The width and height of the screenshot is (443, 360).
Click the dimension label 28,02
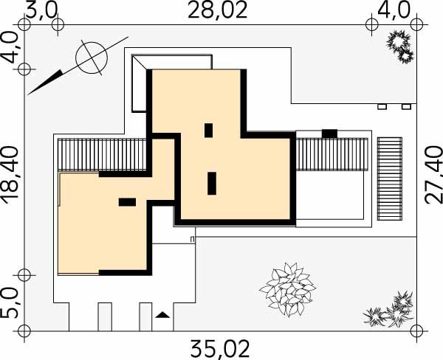point(218,10)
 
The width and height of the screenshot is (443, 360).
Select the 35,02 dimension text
point(220,349)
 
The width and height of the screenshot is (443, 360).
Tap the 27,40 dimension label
point(433,175)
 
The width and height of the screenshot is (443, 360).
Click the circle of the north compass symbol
point(92,58)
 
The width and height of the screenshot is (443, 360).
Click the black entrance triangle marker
point(162,315)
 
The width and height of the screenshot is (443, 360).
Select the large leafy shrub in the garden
point(288,289)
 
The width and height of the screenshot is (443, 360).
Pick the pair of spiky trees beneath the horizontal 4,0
point(399,47)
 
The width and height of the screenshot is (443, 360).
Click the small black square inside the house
point(208,131)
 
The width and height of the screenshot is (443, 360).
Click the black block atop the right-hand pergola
point(330,134)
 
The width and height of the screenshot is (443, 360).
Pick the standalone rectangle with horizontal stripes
point(390,179)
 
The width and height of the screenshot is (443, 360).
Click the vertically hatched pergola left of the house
point(102,154)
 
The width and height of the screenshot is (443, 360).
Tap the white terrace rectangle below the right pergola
point(330,195)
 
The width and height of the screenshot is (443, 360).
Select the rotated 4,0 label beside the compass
point(10,47)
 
